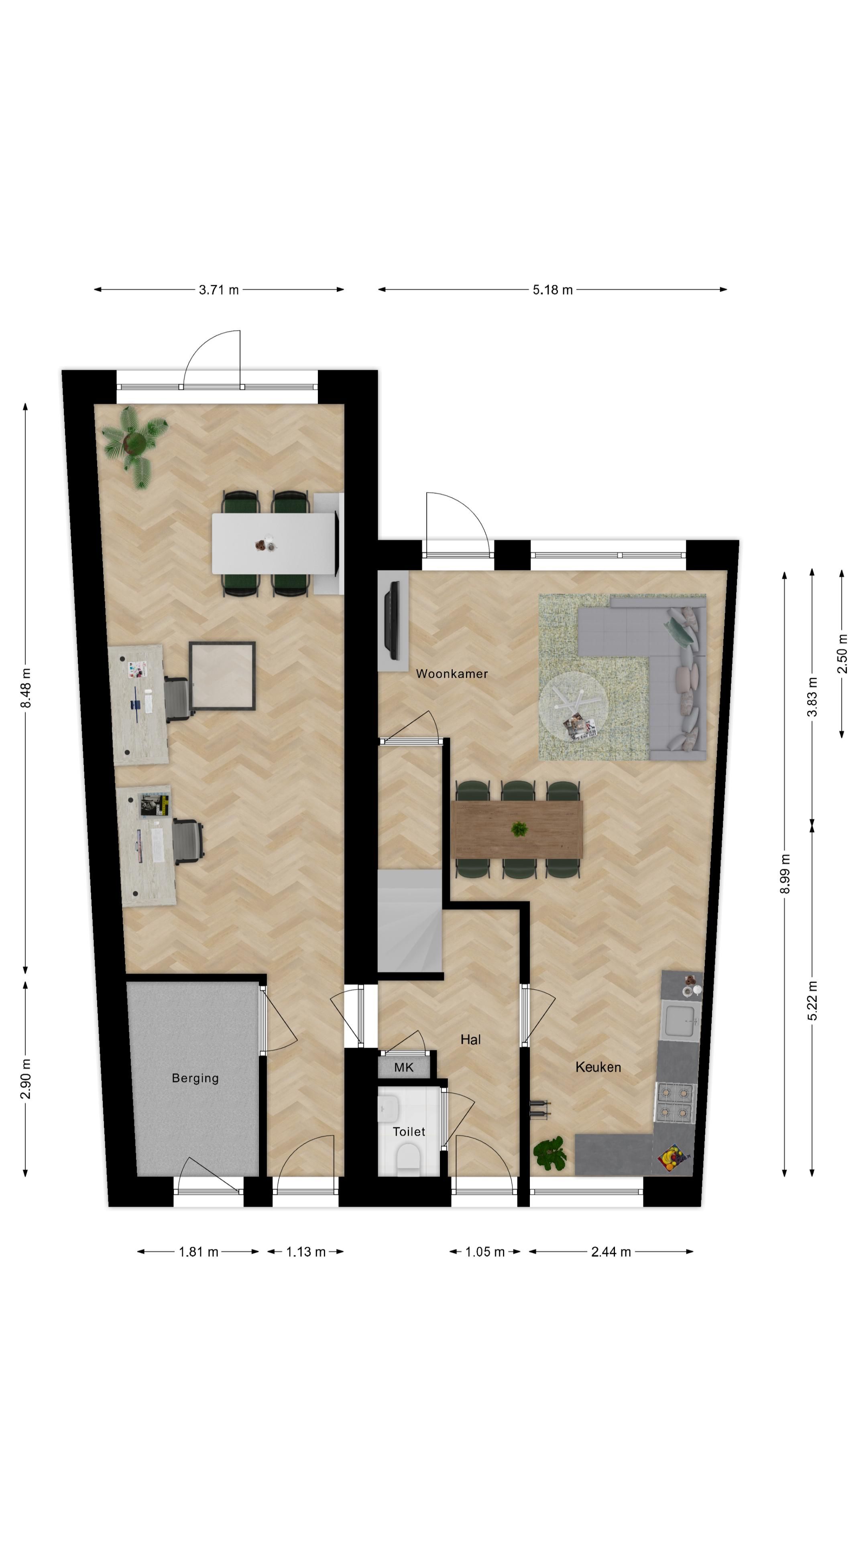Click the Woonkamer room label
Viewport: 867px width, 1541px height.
pyautogui.click(x=451, y=674)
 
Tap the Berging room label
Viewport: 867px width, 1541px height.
pyautogui.click(x=195, y=1078)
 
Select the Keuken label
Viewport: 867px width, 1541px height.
pyautogui.click(x=598, y=1067)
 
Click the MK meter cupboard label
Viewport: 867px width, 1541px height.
pyautogui.click(x=403, y=1067)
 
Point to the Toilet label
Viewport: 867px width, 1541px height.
pyautogui.click(x=408, y=1131)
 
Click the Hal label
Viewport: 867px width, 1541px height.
pyautogui.click(x=470, y=1040)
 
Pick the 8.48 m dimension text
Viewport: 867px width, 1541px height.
pyautogui.click(x=26, y=687)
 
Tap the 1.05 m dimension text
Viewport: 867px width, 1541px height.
pyautogui.click(x=484, y=1252)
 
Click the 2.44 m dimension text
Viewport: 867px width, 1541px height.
pyautogui.click(x=611, y=1252)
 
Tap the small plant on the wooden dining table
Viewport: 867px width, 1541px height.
pyautogui.click(x=519, y=829)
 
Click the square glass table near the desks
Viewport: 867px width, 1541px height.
pyautogui.click(x=222, y=676)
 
